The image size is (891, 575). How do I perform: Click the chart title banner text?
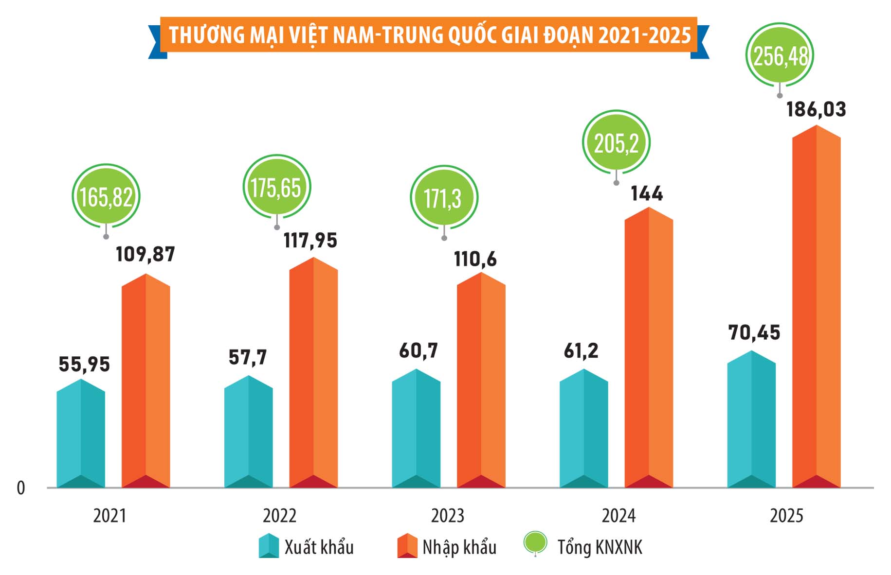[429, 35]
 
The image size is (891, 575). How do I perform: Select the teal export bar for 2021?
[81, 435]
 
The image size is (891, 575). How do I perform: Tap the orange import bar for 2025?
[816, 311]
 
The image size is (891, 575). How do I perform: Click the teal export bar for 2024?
[583, 430]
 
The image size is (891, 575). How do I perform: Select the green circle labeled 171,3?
[443, 198]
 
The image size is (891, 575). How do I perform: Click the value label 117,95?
[310, 241]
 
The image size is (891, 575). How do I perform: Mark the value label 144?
[647, 194]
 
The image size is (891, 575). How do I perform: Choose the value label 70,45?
[754, 333]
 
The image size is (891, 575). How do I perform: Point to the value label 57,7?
[248, 358]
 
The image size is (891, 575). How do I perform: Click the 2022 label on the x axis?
[279, 516]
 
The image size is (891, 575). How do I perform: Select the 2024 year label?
[618, 516]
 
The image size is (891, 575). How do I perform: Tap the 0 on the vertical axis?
[21, 488]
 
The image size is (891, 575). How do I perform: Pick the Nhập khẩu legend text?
[459, 547]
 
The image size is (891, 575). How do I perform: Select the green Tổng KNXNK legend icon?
[535, 543]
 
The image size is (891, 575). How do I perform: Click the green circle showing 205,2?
[616, 144]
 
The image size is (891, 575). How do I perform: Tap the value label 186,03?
[816, 109]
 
